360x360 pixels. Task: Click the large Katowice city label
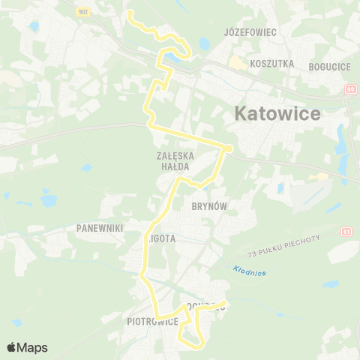pyautogui.click(x=277, y=114)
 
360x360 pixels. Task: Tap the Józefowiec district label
pyautogui.click(x=250, y=33)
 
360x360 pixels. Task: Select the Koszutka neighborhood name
pyautogui.click(x=272, y=64)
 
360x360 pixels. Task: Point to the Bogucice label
pyautogui.click(x=329, y=67)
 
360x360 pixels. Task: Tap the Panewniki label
pyautogui.click(x=99, y=226)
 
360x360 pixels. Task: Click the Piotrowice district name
pyautogui.click(x=152, y=322)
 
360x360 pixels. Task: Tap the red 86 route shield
pyautogui.click(x=351, y=90)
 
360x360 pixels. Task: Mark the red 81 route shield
pyautogui.click(x=345, y=232)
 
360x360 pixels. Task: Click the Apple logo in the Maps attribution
pyautogui.click(x=12, y=347)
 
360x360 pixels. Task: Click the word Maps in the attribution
pyautogui.click(x=33, y=347)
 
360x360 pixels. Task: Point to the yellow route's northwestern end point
pyautogui.click(x=129, y=13)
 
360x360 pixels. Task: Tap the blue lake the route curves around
pyautogui.click(x=178, y=56)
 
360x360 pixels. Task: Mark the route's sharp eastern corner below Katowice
pyautogui.click(x=227, y=148)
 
